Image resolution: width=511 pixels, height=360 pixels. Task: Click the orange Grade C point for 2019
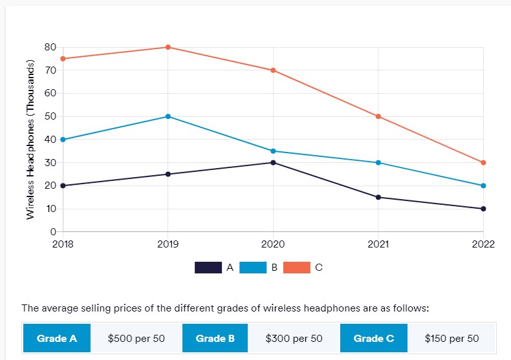(168, 47)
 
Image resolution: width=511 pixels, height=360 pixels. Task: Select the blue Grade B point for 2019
(168, 116)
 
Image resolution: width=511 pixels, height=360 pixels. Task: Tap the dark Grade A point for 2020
(273, 162)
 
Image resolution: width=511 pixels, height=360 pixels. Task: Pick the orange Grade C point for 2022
(483, 162)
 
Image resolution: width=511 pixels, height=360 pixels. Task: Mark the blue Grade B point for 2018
(63, 140)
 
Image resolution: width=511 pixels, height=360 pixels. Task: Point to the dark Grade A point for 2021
(378, 197)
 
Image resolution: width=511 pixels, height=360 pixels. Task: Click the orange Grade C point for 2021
(378, 116)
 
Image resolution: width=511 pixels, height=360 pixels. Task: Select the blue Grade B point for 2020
(273, 151)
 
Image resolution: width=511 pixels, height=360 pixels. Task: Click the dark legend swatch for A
(208, 268)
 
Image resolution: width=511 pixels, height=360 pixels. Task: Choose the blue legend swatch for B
(253, 268)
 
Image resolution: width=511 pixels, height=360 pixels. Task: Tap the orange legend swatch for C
(297, 268)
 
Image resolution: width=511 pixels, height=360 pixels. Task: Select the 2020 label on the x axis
(273, 244)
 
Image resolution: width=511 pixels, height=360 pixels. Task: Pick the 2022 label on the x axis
(483, 244)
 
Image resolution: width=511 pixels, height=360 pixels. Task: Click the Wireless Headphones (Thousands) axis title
(30, 140)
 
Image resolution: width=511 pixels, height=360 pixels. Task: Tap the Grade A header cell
(57, 339)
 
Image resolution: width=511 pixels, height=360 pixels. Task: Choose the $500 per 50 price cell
(136, 339)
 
